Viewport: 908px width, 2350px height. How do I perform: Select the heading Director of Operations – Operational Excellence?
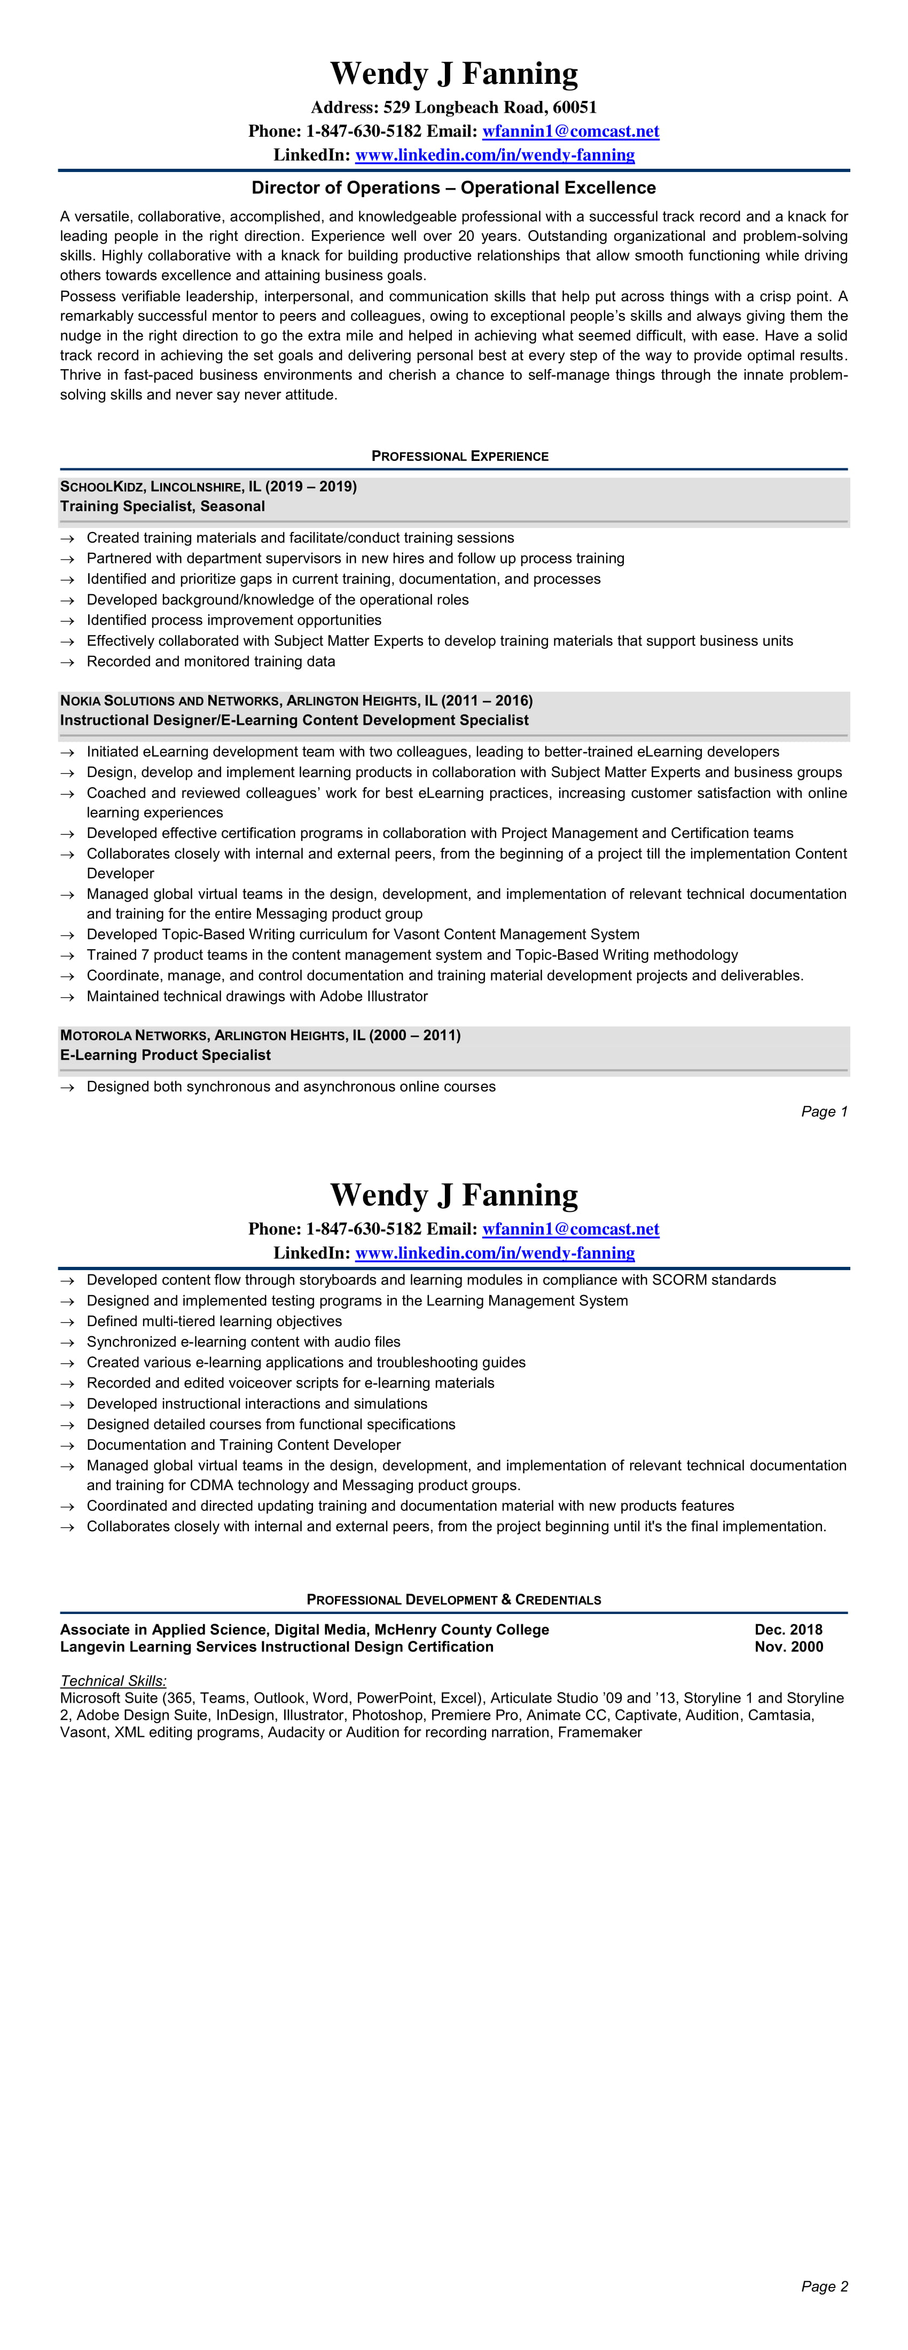click(453, 188)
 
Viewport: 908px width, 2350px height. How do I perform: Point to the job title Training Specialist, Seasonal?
click(162, 506)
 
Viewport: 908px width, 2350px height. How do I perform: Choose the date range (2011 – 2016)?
click(487, 701)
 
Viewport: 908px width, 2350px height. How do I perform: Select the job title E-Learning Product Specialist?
click(165, 1055)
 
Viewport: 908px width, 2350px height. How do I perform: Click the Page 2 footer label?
click(824, 2286)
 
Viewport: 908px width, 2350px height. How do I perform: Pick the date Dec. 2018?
click(788, 1630)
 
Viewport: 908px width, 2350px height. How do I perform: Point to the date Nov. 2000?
click(788, 1647)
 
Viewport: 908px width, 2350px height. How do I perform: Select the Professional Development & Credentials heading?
click(453, 1599)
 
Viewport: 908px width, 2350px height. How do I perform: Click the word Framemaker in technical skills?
click(600, 1733)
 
